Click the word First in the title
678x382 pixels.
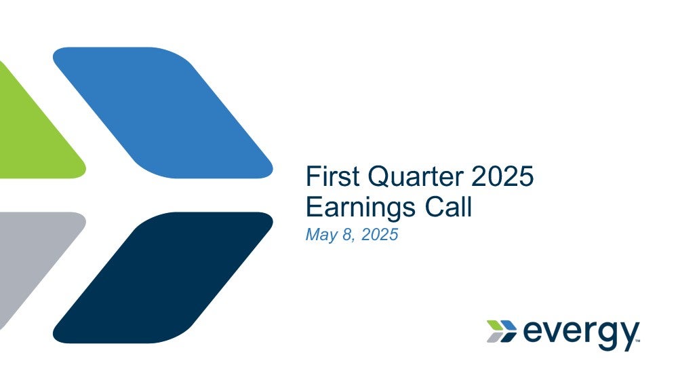click(332, 176)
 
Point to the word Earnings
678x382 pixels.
click(361, 208)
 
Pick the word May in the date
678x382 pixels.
click(321, 235)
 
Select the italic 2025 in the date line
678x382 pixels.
click(379, 234)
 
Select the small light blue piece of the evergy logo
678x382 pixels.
click(509, 325)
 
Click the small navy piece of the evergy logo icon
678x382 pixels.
click(509, 337)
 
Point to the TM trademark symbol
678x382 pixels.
click(637, 341)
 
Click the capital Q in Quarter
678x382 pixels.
click(379, 177)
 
